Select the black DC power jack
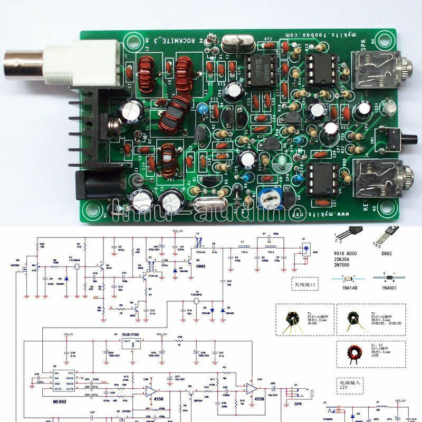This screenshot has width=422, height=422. point(84,185)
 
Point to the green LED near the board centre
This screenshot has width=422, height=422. point(284,160)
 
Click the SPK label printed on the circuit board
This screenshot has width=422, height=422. point(363,45)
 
